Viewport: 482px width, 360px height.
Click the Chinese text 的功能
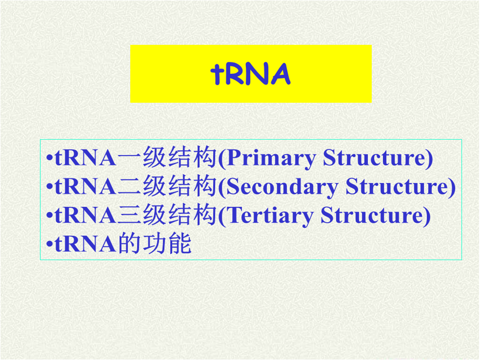tap(154, 244)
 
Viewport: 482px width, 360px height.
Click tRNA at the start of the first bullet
tap(85, 159)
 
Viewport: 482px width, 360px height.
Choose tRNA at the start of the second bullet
tap(85, 187)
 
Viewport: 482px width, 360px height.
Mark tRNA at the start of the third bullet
tap(85, 215)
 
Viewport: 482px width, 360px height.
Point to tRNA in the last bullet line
tap(85, 244)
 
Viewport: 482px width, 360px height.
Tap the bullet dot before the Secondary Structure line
tap(48, 188)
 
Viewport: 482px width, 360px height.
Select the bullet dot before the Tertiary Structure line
tap(48, 216)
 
